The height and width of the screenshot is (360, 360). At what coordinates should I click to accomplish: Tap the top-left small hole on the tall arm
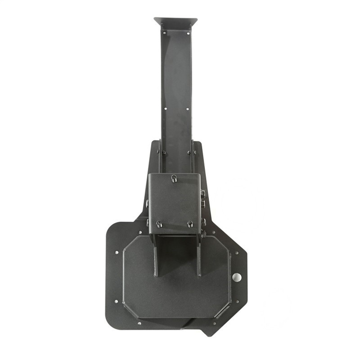pyautogui.click(x=164, y=33)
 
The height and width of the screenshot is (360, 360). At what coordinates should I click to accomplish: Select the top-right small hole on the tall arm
pyautogui.click(x=188, y=33)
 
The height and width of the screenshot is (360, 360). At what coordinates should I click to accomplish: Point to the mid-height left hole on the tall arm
pyautogui.click(x=165, y=108)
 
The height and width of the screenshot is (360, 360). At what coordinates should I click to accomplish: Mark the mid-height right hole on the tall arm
pyautogui.click(x=188, y=108)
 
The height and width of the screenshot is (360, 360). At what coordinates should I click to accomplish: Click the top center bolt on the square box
pyautogui.click(x=174, y=179)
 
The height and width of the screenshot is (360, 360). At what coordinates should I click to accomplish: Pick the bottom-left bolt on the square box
pyautogui.click(x=159, y=224)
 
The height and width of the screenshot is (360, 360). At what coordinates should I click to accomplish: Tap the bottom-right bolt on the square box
pyautogui.click(x=190, y=224)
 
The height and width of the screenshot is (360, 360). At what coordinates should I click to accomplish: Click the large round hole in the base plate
pyautogui.click(x=237, y=277)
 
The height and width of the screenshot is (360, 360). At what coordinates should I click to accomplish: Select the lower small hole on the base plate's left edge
pyautogui.click(x=117, y=301)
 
